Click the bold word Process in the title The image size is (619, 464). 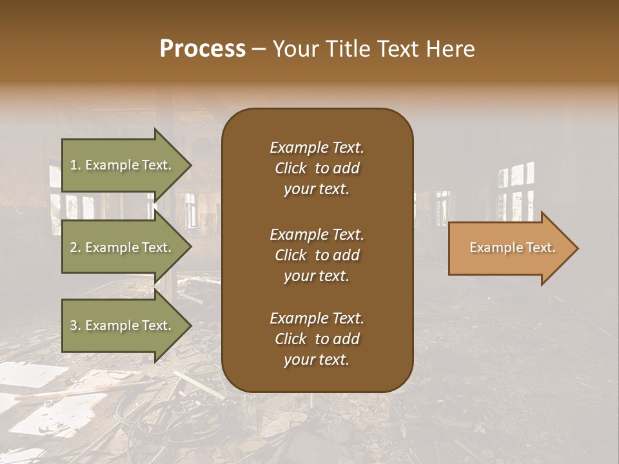tap(202, 49)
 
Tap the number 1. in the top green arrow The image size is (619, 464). tap(75, 165)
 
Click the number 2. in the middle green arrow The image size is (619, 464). tap(75, 247)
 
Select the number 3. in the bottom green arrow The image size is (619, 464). tap(75, 325)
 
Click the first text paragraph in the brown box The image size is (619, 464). tap(317, 168)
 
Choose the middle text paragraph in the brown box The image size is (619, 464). tap(317, 255)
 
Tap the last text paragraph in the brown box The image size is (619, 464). tap(317, 339)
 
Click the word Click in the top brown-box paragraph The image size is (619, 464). tap(291, 168)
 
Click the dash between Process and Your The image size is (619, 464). tap(259, 49)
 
